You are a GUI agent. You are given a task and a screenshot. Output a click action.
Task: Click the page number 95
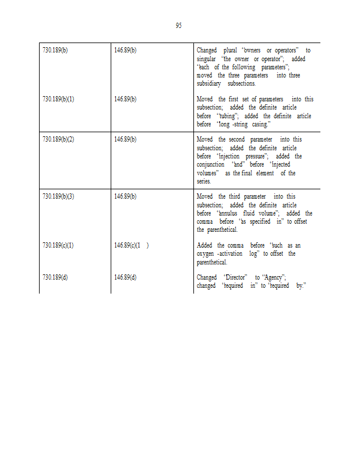(178, 26)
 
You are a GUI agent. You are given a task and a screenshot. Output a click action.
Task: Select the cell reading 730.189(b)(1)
(58, 99)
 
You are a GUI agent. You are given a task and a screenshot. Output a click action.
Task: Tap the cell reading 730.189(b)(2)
(58, 140)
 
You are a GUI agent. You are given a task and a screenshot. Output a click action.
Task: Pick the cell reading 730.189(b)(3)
(58, 197)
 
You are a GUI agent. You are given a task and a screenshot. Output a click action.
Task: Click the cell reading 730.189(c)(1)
(58, 246)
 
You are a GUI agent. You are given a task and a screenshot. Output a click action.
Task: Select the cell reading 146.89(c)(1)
(131, 246)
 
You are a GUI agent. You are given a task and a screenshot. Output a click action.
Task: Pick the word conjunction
(210, 165)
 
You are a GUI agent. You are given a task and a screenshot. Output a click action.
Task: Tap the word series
(204, 182)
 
